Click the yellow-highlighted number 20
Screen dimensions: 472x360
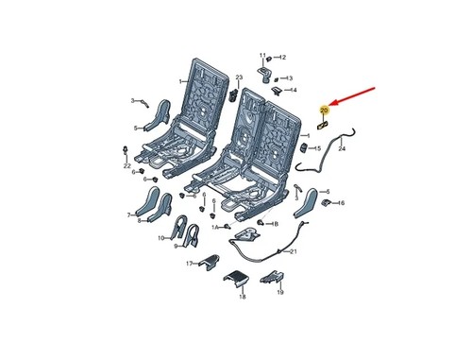(x=324, y=111)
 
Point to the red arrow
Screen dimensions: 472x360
(x=352, y=95)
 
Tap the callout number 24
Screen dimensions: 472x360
(x=342, y=148)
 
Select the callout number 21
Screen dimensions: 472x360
(x=293, y=251)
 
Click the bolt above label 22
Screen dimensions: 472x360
(x=126, y=150)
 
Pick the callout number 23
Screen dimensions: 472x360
(x=239, y=77)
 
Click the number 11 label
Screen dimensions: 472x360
(x=262, y=56)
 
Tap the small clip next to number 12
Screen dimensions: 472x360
(x=269, y=59)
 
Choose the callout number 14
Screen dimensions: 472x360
(x=294, y=91)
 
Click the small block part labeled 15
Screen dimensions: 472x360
(x=305, y=148)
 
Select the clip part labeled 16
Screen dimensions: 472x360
(x=326, y=203)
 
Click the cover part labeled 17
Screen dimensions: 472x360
(x=210, y=262)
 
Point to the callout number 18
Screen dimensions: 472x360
(x=243, y=297)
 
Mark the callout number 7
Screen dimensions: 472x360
(x=128, y=215)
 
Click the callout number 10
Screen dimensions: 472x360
(x=161, y=238)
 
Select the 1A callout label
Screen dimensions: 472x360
(x=215, y=227)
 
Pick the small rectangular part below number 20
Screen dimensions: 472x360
(x=323, y=125)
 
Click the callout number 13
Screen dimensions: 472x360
(x=289, y=78)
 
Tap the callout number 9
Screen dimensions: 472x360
(x=176, y=247)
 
